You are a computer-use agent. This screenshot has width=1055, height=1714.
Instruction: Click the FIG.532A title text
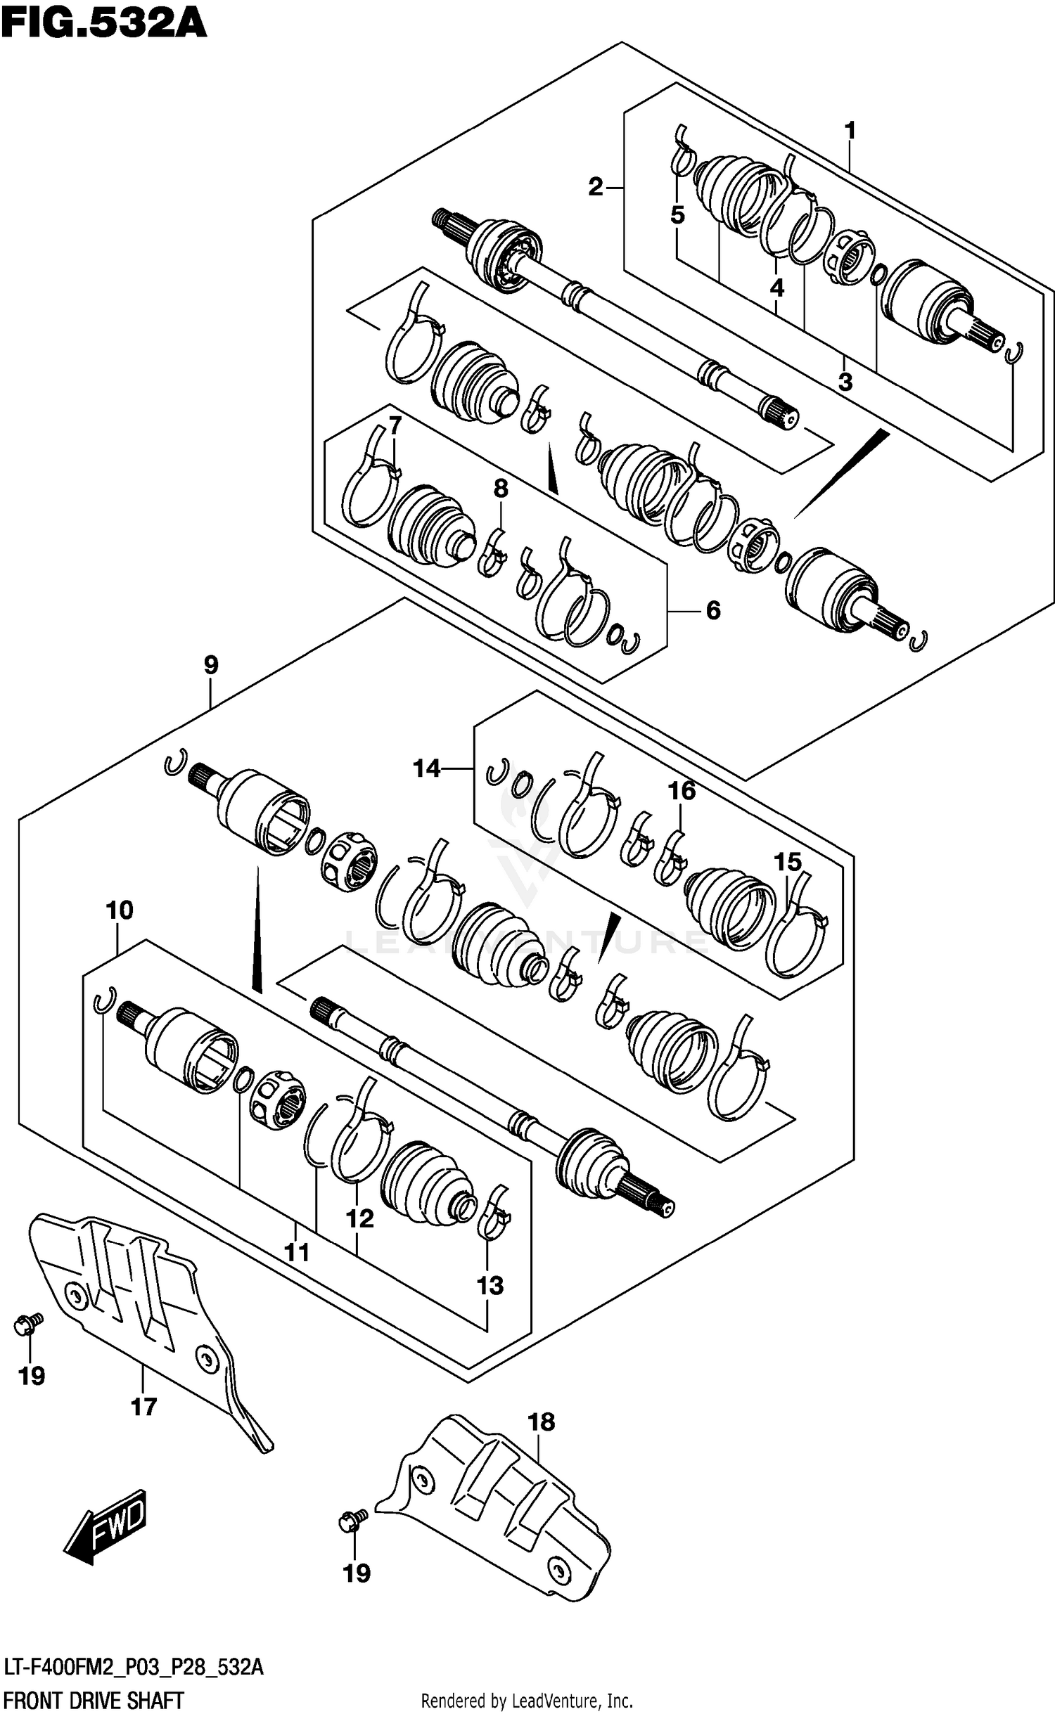click(103, 22)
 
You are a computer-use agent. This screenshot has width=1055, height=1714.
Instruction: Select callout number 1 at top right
click(850, 131)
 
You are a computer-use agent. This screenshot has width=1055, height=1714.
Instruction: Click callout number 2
click(596, 187)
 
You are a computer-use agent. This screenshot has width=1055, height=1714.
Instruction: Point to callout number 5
click(677, 215)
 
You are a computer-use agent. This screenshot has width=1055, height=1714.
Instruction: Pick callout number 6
click(712, 610)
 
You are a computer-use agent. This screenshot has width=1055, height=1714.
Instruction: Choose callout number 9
click(211, 664)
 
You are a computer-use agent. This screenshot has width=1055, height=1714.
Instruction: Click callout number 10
click(119, 910)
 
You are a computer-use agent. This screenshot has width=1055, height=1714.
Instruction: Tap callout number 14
click(426, 768)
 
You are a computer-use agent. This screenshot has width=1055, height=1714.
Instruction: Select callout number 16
click(681, 791)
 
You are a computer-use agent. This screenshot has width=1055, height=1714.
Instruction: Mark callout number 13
click(490, 1286)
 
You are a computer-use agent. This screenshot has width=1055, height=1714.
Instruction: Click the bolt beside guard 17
click(28, 1325)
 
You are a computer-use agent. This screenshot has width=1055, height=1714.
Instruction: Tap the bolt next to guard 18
click(352, 1521)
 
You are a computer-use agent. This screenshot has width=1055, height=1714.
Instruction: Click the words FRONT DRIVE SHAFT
click(94, 1695)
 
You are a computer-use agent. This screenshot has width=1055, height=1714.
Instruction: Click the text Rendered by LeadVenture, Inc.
click(526, 1696)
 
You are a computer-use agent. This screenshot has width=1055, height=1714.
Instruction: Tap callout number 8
click(500, 489)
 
